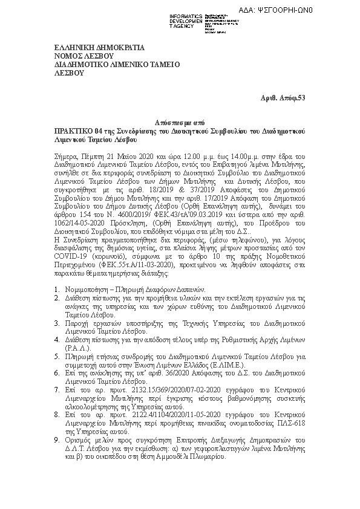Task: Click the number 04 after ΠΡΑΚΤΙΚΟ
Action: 102,131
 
